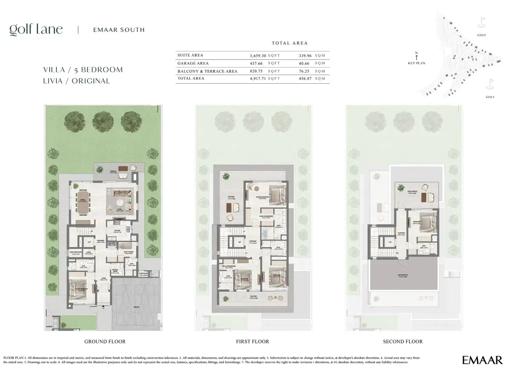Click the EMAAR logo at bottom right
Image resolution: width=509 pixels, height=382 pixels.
[x=482, y=360]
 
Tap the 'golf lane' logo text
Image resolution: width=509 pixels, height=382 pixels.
[x=36, y=29]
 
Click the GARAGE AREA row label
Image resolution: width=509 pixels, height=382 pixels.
[x=193, y=63]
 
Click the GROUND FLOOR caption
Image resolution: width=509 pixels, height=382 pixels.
[x=105, y=341]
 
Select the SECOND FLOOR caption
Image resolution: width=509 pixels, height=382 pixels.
[x=403, y=341]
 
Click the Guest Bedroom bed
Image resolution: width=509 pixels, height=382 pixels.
[x=79, y=290]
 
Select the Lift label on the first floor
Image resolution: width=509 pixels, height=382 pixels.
[x=240, y=243]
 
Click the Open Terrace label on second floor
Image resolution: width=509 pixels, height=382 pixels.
[x=413, y=191]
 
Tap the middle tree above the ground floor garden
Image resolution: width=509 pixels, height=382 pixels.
[x=101, y=120]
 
